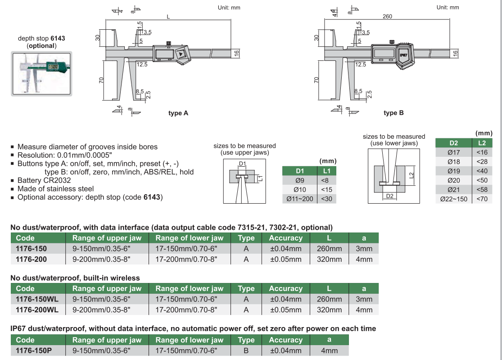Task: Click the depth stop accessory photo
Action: (x=41, y=73)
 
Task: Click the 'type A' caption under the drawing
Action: (x=178, y=113)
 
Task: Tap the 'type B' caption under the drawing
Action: (x=393, y=113)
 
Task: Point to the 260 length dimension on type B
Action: (x=387, y=17)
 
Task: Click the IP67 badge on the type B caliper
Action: (x=403, y=55)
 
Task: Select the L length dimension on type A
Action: (x=168, y=17)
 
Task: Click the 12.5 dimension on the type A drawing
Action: (x=142, y=64)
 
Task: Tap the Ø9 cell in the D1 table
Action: (x=300, y=181)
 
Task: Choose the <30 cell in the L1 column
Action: (x=326, y=199)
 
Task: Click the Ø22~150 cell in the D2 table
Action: (x=454, y=199)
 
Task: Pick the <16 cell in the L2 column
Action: (x=482, y=152)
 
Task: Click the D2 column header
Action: (x=454, y=143)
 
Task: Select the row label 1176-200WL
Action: (x=37, y=310)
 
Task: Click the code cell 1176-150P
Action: (x=34, y=351)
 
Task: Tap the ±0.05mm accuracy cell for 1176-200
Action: (x=285, y=259)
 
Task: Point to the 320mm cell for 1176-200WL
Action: (x=329, y=310)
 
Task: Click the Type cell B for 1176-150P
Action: (x=246, y=351)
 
